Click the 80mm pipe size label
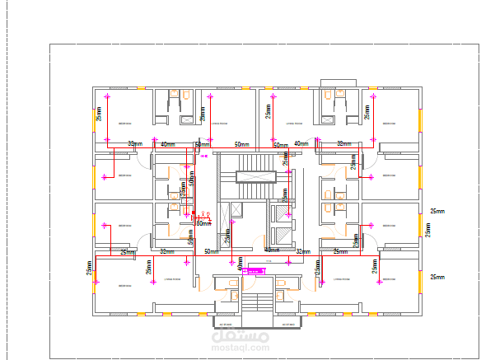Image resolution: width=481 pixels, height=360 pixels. pos(203,223)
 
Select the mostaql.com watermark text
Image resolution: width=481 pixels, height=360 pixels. pos(240,349)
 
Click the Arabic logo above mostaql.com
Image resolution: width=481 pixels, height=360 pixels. pos(240,335)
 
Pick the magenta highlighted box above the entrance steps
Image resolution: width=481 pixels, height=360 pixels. pos(256,269)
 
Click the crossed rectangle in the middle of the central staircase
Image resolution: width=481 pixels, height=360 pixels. pos(255,175)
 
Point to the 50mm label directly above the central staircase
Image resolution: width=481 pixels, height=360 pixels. pos(241,145)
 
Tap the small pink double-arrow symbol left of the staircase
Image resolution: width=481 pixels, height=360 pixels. pos(204,155)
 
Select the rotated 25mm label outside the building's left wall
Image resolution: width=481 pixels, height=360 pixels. pos(88,269)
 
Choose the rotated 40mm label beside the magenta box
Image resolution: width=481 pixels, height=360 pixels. pos(240,264)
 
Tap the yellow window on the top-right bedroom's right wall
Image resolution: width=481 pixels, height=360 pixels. pos(420,119)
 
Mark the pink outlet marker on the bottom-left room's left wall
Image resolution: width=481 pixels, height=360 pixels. pos(96,282)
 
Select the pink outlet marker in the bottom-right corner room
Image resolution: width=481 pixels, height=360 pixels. pos(380,282)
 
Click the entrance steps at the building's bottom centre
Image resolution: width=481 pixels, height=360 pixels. pos(255,306)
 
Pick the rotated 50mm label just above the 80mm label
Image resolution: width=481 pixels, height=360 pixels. pos(191,237)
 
